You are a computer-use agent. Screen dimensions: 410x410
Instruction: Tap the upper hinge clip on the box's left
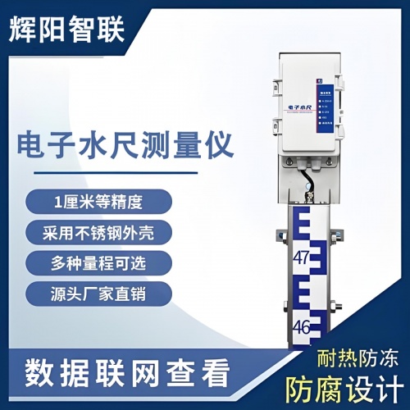(275, 88)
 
